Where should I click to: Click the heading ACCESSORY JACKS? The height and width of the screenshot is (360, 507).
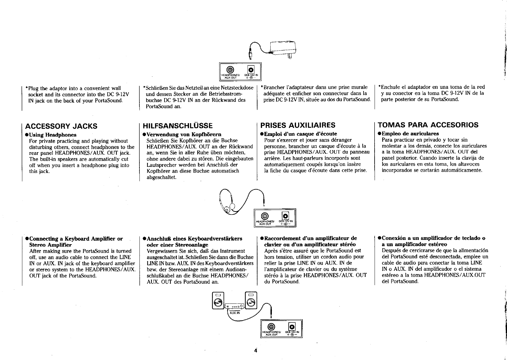pos(61,126)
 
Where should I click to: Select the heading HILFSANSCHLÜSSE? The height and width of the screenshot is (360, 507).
pos(176,126)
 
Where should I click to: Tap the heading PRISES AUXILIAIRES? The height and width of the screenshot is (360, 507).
pos(298,125)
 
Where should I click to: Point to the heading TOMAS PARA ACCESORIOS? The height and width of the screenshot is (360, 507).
pos(428,125)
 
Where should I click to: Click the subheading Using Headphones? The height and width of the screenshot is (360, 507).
pos(53,135)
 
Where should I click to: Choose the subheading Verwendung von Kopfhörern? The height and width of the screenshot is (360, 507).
pos(182,134)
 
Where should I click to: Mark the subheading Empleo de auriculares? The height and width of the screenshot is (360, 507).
pos(410,133)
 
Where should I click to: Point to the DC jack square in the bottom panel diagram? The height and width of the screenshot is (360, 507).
pos(292,326)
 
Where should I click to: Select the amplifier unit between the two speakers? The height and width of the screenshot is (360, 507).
pos(234,306)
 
